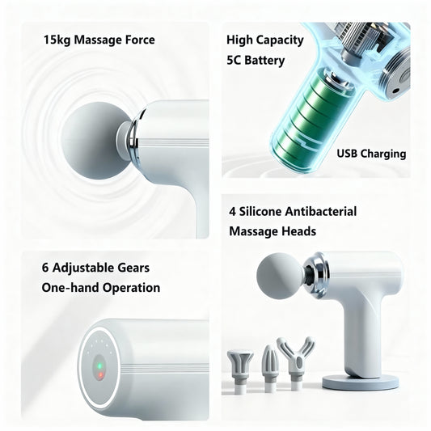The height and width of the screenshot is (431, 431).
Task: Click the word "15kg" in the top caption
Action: (57, 40)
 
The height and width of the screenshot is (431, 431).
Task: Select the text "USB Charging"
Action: (372, 154)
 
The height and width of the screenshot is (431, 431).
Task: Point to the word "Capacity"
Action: (277, 40)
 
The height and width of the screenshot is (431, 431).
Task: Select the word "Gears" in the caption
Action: (131, 268)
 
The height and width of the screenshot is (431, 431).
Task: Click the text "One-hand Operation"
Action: (100, 287)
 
